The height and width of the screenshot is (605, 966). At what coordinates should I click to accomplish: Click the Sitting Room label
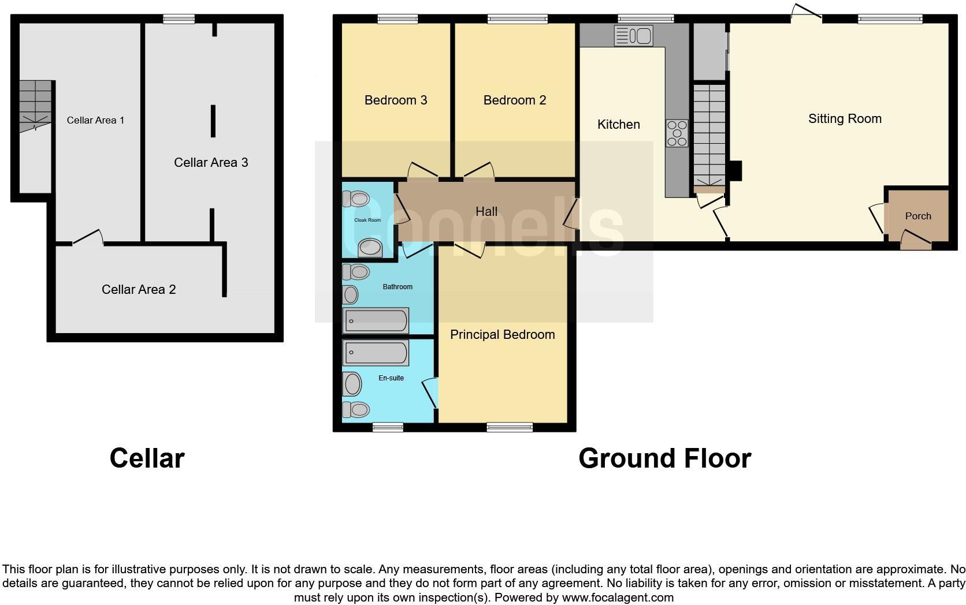coord(844,119)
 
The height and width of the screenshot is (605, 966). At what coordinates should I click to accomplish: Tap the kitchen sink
coord(633,36)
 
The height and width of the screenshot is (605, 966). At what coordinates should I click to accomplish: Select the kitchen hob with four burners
coord(677,133)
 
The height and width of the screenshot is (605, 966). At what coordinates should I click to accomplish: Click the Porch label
coord(917,216)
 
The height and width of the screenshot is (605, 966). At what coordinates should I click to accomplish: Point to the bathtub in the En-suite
coord(376,352)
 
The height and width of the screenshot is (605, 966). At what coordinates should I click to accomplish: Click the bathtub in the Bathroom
coord(376,320)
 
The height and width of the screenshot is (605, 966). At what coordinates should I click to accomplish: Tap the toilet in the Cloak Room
coord(356,199)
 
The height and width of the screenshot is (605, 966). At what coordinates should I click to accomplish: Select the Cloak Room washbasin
coord(370,248)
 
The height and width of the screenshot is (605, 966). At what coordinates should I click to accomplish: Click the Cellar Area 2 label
coord(139,290)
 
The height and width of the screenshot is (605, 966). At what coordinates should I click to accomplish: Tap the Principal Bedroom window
coord(510,427)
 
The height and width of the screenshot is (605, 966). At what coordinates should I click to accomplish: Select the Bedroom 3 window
coord(397,20)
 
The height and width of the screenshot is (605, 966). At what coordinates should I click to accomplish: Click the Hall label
coord(486,212)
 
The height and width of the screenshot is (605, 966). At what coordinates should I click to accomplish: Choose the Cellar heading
coord(147,458)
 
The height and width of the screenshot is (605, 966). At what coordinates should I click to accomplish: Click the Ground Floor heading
coord(664,458)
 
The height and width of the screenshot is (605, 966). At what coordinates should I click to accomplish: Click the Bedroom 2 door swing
coord(478,171)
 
